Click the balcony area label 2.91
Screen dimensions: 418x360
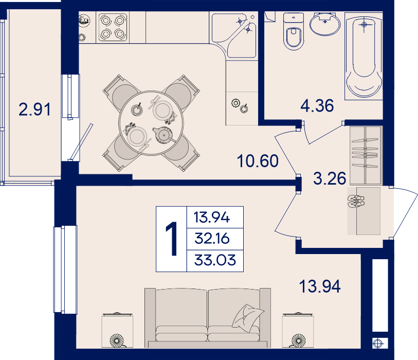tap(34, 110)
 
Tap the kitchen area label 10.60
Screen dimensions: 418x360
tap(258, 161)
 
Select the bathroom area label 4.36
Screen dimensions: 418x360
tap(317, 105)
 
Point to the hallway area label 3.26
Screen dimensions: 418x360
tap(330, 178)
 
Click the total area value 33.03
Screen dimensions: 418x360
tap(215, 260)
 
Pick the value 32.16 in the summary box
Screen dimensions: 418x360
tap(212, 239)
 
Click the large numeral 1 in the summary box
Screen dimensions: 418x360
tap(171, 239)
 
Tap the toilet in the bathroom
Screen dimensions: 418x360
tap(294, 31)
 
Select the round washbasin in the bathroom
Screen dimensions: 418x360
tap(325, 24)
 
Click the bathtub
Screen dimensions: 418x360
tap(364, 56)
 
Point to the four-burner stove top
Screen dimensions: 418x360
tap(113, 27)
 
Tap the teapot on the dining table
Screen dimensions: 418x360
tap(162, 135)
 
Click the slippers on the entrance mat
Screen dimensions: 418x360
tap(356, 201)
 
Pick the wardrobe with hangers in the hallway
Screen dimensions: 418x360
tap(366, 155)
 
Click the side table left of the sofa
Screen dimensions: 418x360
tap(117, 331)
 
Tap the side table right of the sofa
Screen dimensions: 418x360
tap(298, 331)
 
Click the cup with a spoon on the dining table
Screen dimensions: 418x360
tap(137, 110)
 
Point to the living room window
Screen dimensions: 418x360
tap(65, 269)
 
